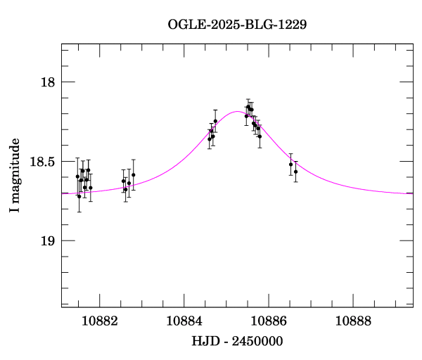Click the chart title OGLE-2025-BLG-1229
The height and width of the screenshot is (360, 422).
tap(237, 24)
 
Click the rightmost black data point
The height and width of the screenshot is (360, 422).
tap(295, 172)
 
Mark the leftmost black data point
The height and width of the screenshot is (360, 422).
tap(77, 176)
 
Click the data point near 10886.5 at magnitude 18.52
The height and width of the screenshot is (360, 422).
tap(290, 164)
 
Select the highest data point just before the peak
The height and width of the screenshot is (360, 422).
tap(215, 121)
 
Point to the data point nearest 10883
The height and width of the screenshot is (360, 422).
tap(133, 174)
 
